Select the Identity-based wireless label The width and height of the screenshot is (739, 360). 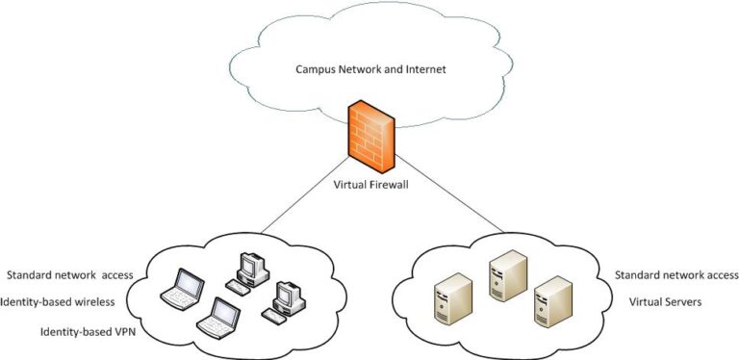coord(60,302)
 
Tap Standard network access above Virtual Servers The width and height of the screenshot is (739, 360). coord(676,275)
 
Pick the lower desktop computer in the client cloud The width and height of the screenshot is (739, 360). coord(289,299)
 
